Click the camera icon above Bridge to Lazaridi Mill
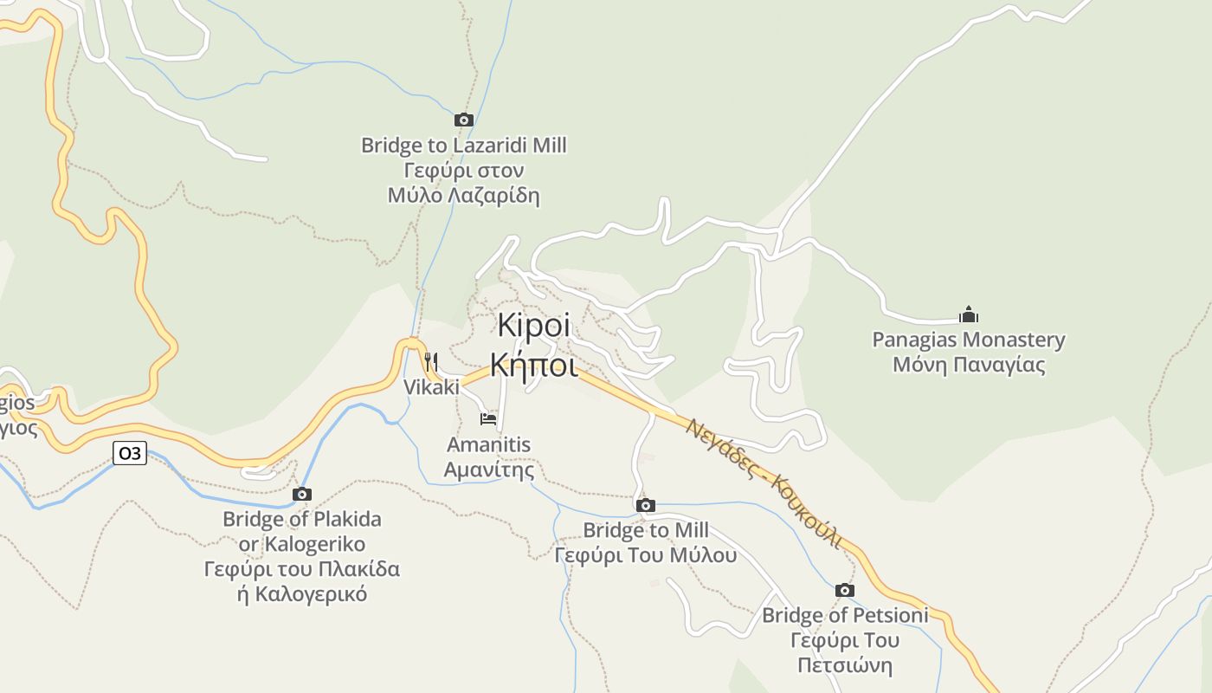(464, 120)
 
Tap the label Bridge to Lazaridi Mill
(464, 145)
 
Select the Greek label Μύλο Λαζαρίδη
(464, 195)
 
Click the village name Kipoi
(534, 326)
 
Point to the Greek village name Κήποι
(533, 364)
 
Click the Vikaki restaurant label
(431, 387)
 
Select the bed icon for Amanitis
(488, 419)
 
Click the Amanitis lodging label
(488, 444)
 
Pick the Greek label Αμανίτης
(488, 470)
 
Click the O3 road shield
(130, 452)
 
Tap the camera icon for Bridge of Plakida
(302, 494)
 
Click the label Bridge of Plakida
(302, 519)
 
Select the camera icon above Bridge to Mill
(645, 505)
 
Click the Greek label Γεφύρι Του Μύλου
(645, 554)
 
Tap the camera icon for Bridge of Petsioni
(845, 590)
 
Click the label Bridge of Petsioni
(845, 615)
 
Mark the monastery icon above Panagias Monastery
(969, 314)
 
